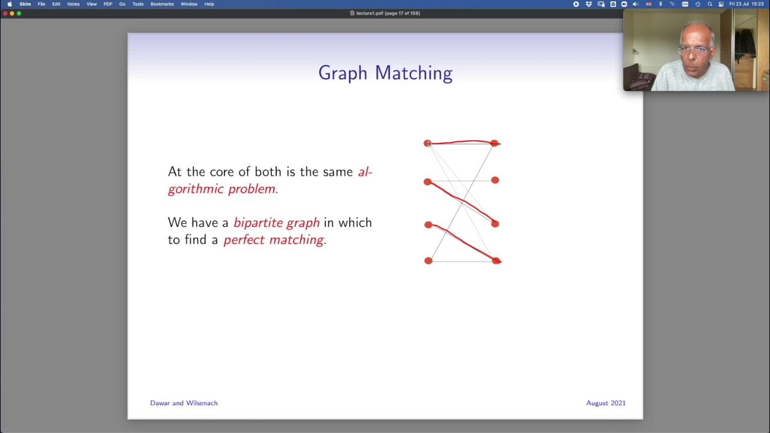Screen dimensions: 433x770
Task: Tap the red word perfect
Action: [244, 240]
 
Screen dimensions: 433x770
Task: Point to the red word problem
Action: [253, 189]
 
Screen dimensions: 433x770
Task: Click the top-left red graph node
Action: [427, 143]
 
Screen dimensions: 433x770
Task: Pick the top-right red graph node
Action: [494, 143]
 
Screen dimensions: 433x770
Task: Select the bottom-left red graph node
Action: [428, 260]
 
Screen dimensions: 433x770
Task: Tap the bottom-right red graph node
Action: [496, 260]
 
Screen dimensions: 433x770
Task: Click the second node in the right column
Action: [495, 180]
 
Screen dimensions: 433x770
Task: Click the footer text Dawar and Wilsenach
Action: [183, 403]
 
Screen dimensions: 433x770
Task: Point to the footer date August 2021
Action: [606, 403]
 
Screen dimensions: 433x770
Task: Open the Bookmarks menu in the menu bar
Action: [162, 4]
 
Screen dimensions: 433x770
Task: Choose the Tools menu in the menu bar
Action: [138, 4]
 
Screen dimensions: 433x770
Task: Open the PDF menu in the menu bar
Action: [108, 4]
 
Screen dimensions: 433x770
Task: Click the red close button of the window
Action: [5, 13]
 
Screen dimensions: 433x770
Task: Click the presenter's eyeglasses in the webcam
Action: [695, 51]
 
